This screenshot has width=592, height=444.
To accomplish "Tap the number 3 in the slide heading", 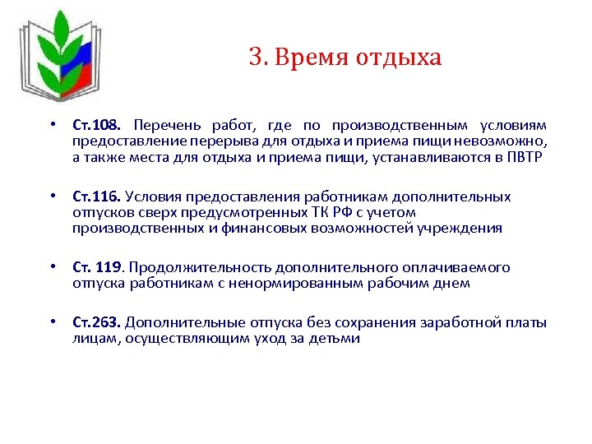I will pyautogui.click(x=255, y=58).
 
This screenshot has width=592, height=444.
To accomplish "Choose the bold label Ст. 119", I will pyautogui.click(x=99, y=268).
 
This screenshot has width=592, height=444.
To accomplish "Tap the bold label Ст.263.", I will pyautogui.click(x=97, y=323).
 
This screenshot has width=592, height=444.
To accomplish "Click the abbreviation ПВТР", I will pyautogui.click(x=525, y=157).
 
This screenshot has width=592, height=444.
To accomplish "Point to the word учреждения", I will pyautogui.click(x=462, y=228).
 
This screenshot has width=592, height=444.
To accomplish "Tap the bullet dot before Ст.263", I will pyautogui.click(x=52, y=323).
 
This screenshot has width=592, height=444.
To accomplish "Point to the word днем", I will pyautogui.click(x=452, y=284).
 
